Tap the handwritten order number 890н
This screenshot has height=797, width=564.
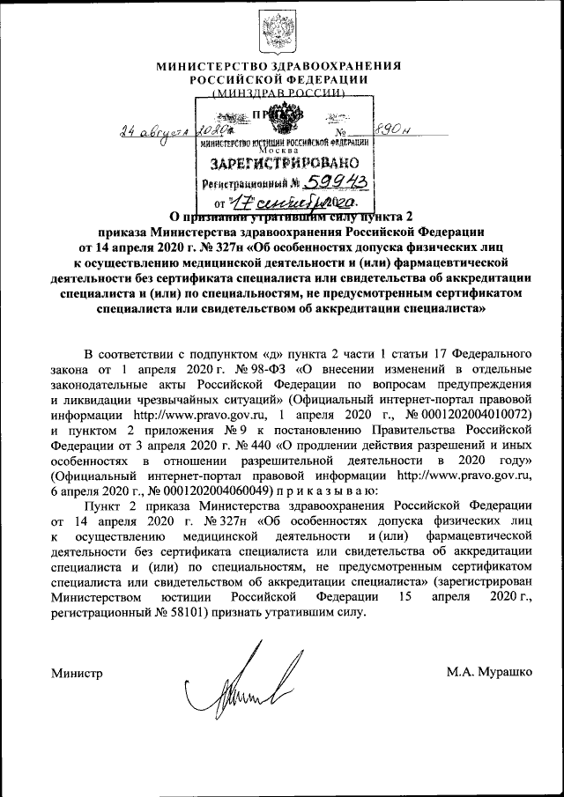395,128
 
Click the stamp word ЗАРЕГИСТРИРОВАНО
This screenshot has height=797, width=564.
284,164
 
